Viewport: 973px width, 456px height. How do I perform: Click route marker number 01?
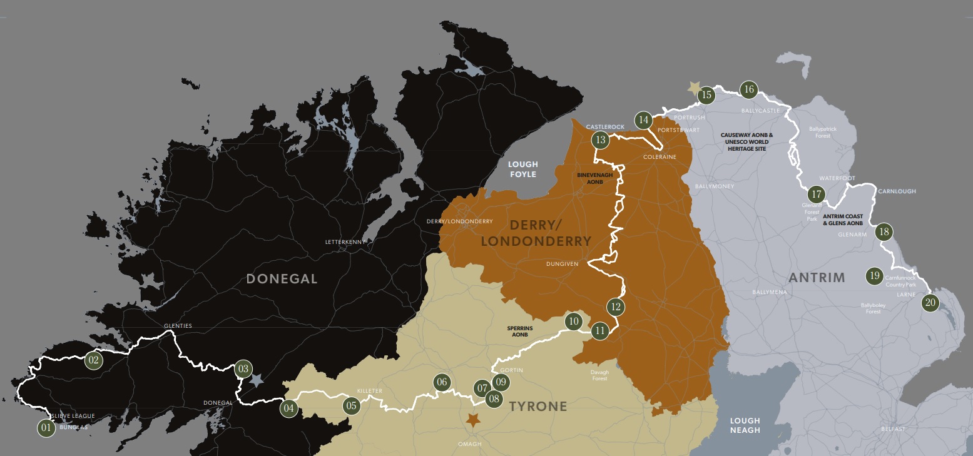(46, 428)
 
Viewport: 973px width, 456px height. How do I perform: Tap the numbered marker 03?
(243, 369)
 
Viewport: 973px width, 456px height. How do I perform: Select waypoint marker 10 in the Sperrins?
(573, 322)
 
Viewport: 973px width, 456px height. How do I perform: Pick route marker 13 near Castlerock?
(601, 140)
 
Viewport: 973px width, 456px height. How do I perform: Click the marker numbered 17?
(816, 195)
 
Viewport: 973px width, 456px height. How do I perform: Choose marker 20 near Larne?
(930, 303)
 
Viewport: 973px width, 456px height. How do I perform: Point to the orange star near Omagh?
(474, 420)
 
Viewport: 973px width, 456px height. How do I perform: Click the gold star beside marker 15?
(693, 88)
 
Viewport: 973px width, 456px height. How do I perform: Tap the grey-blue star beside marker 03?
(257, 380)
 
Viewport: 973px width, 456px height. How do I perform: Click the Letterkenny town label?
(345, 241)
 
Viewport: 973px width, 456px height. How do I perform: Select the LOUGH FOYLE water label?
(522, 169)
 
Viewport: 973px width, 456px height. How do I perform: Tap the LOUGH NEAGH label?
(745, 425)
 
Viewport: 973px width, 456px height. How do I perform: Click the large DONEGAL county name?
(282, 279)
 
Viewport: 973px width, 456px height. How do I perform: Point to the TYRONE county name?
(537, 407)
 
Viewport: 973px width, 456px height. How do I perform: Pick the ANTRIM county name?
(817, 277)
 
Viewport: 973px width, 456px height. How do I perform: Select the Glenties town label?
(178, 326)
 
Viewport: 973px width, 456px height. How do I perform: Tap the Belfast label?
(893, 429)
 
